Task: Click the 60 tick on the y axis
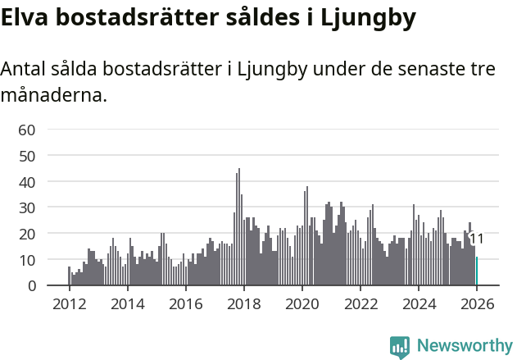pyautogui.click(x=27, y=130)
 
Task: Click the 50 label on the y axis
pyautogui.click(x=27, y=156)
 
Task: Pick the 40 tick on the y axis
pyautogui.click(x=27, y=181)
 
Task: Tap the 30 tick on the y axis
pyautogui.click(x=27, y=207)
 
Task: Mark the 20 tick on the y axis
pyautogui.click(x=27, y=234)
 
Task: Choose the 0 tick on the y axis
pyautogui.click(x=31, y=285)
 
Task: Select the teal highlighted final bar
pyautogui.click(x=477, y=271)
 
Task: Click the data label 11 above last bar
pyautogui.click(x=476, y=239)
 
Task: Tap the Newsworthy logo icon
pyautogui.click(x=400, y=347)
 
